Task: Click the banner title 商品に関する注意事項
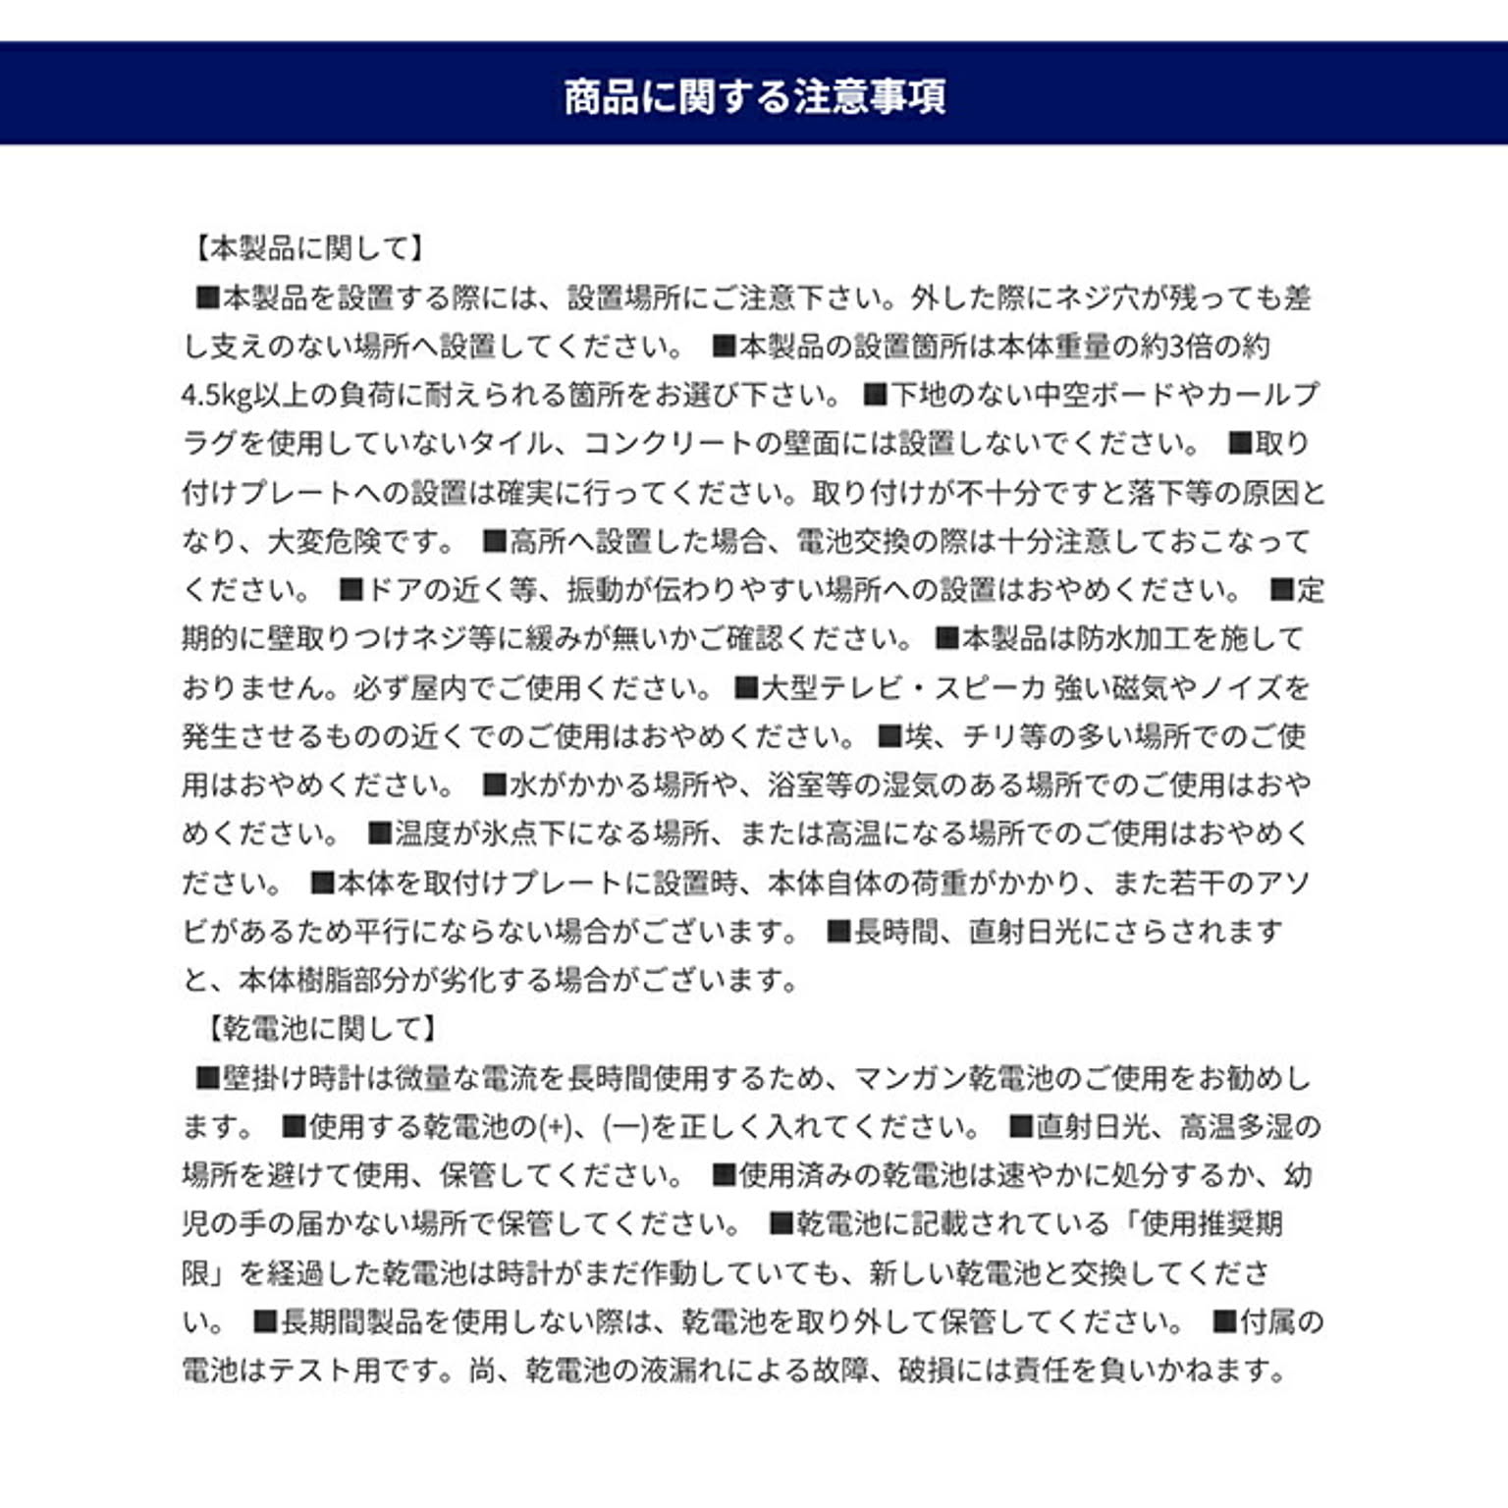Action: [754, 96]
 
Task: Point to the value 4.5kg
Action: [217, 396]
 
